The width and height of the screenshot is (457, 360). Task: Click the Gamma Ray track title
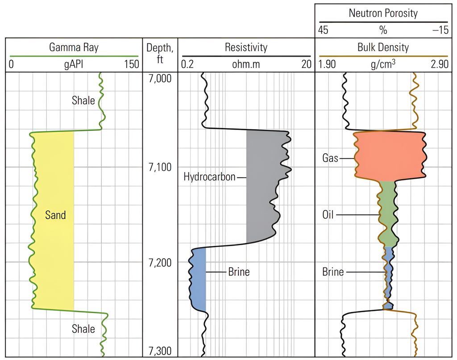pyautogui.click(x=74, y=47)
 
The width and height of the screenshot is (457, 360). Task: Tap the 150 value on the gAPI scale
pyautogui.click(x=131, y=64)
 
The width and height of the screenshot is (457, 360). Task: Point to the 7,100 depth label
pyautogui.click(x=159, y=167)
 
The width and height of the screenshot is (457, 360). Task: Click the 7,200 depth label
pyautogui.click(x=159, y=262)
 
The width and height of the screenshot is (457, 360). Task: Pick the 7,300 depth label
pyautogui.click(x=159, y=352)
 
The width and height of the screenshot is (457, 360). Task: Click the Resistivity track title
pyautogui.click(x=246, y=47)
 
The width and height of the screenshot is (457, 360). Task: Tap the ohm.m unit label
pyautogui.click(x=245, y=64)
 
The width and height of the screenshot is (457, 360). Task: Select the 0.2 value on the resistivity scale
pyautogui.click(x=187, y=64)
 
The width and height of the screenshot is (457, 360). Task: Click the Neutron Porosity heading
pyautogui.click(x=383, y=13)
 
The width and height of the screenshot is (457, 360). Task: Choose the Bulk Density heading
pyautogui.click(x=383, y=47)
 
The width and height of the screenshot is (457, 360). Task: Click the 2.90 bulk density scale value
pyautogui.click(x=439, y=64)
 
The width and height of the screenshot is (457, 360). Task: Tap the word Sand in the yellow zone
pyautogui.click(x=55, y=215)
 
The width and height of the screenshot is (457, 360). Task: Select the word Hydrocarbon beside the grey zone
pyautogui.click(x=209, y=177)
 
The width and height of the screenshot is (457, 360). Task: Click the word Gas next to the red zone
pyautogui.click(x=330, y=158)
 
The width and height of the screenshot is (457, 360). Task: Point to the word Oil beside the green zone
pyautogui.click(x=328, y=215)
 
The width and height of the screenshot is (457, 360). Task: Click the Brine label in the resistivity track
pyautogui.click(x=239, y=272)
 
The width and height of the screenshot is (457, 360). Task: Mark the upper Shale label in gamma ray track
pyautogui.click(x=83, y=100)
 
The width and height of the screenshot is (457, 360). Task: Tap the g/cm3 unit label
pyautogui.click(x=383, y=64)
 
